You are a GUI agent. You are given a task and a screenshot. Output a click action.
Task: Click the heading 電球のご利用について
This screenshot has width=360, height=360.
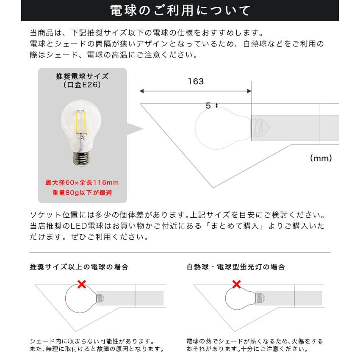(180, 11)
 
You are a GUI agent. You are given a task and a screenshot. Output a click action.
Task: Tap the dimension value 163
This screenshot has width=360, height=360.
(196, 82)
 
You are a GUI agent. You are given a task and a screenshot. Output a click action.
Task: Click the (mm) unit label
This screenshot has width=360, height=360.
(321, 158)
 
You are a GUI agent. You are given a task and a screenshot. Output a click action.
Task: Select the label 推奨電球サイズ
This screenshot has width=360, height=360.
(82, 77)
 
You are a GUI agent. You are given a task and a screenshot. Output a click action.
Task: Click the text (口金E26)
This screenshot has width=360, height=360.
(82, 85)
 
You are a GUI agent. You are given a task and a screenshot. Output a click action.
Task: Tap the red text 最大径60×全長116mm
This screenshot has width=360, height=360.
(82, 183)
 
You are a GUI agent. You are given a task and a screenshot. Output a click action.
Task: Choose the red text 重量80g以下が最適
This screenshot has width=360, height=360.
(82, 193)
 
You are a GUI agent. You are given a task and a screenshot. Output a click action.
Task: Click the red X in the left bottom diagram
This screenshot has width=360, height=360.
(82, 284)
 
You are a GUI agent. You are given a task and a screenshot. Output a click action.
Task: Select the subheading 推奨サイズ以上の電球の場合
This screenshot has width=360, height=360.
(79, 267)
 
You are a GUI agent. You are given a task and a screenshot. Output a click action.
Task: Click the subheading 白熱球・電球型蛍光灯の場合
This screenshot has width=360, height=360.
(235, 267)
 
